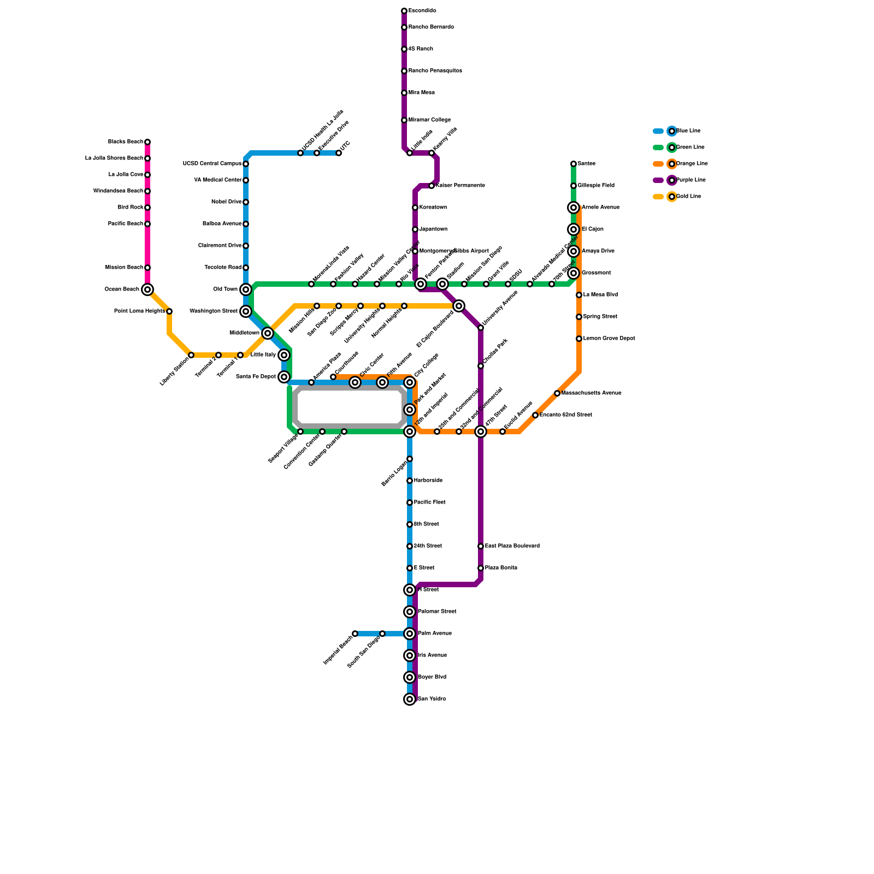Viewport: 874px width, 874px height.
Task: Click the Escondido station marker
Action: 404,11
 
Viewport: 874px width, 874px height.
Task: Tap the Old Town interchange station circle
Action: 246,290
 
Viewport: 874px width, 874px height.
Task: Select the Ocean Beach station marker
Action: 147,290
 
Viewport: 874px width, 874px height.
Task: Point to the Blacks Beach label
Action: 125,142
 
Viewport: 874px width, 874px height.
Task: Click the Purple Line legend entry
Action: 672,180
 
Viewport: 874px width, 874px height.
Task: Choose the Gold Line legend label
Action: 689,197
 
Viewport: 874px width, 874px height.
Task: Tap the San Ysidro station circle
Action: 410,699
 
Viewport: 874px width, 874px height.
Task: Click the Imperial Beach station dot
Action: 355,634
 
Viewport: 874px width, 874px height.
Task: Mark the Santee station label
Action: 587,164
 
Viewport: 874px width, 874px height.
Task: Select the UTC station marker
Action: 339,153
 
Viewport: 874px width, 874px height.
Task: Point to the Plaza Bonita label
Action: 501,568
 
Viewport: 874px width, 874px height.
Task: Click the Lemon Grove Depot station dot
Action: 579,339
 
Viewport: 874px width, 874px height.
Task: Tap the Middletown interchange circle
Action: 268,333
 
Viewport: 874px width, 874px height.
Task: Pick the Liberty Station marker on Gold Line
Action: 191,355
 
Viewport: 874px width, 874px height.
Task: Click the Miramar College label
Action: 429,120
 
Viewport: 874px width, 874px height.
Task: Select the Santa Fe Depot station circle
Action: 284,377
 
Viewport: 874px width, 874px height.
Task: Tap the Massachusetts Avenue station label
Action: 592,393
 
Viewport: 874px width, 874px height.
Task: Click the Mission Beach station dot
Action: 147,268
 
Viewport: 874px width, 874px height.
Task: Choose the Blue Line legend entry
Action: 672,131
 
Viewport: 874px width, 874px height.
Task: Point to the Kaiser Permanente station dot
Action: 432,186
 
